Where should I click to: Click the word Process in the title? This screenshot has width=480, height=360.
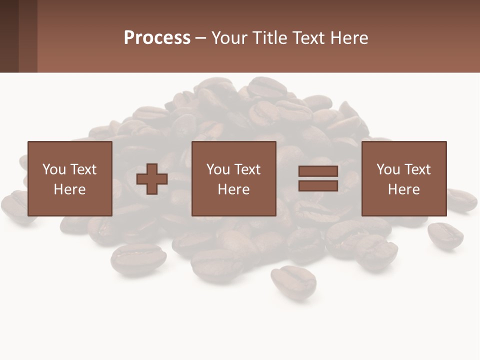click(157, 38)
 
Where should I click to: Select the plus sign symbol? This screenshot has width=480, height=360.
click(152, 179)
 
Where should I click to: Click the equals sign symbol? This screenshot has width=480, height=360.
click(318, 178)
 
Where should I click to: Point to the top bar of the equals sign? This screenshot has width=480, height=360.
click(318, 171)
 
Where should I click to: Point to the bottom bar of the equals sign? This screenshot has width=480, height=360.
click(318, 185)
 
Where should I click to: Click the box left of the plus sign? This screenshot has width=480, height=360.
click(69, 178)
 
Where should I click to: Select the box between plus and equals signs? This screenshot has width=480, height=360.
click(233, 178)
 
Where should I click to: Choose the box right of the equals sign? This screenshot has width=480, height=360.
click(403, 178)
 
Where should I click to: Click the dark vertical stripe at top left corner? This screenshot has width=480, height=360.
click(9, 36)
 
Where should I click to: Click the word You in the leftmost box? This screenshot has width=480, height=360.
click(54, 169)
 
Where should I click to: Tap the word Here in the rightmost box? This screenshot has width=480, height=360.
click(403, 189)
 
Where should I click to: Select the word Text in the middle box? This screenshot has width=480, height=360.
click(247, 169)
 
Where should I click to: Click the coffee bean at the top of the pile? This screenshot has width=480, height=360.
click(267, 87)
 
